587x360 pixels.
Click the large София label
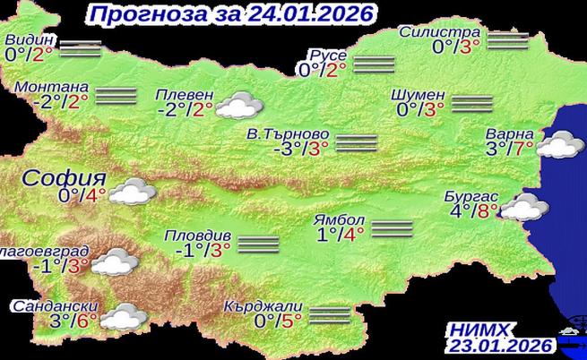[57, 176]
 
